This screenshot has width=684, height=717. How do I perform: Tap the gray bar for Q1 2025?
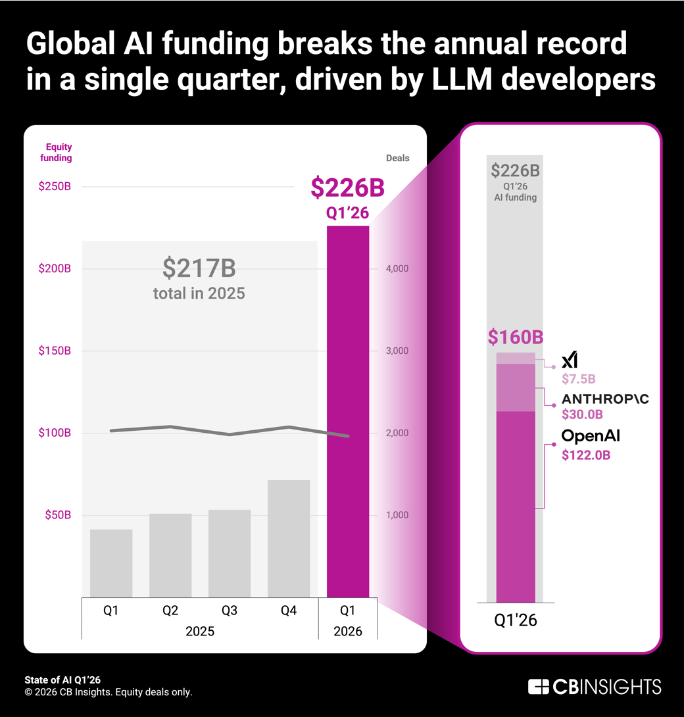click(111, 563)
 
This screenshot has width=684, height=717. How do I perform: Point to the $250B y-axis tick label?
click(55, 187)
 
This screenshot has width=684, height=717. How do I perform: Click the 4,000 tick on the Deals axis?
click(397, 268)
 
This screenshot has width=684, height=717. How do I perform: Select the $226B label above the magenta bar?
click(347, 188)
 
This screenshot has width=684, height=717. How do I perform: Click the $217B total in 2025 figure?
click(199, 268)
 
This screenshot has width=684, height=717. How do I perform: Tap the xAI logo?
click(570, 360)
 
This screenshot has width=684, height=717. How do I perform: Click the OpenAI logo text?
click(591, 435)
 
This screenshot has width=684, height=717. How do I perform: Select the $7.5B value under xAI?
click(578, 379)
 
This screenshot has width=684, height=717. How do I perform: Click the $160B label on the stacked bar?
click(516, 337)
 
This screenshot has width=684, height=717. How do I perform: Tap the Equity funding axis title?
click(59, 153)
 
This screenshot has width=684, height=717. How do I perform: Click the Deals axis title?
click(397, 158)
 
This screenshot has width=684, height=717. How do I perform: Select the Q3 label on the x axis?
click(230, 610)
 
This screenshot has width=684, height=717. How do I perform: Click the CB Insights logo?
click(595, 687)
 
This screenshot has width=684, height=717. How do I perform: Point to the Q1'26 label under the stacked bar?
click(516, 620)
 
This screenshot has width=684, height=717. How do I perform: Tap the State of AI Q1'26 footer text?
click(62, 680)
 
